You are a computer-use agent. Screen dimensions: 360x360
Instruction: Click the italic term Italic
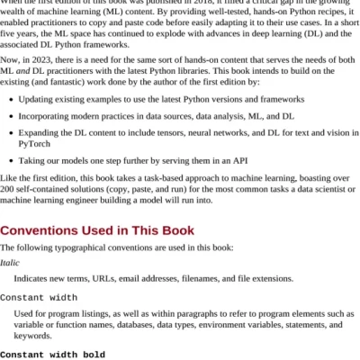pos(10,262)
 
